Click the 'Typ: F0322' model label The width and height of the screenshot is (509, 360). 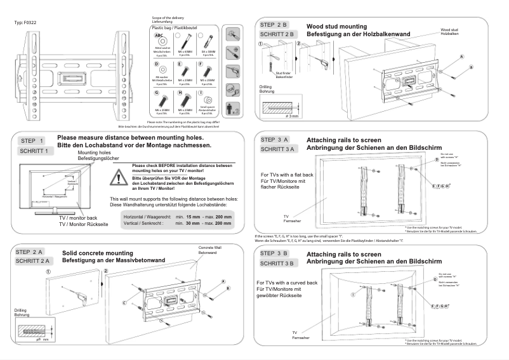[25, 23]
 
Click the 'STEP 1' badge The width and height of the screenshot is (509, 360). [32, 141]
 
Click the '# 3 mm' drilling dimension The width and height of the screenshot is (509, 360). [293, 116]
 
